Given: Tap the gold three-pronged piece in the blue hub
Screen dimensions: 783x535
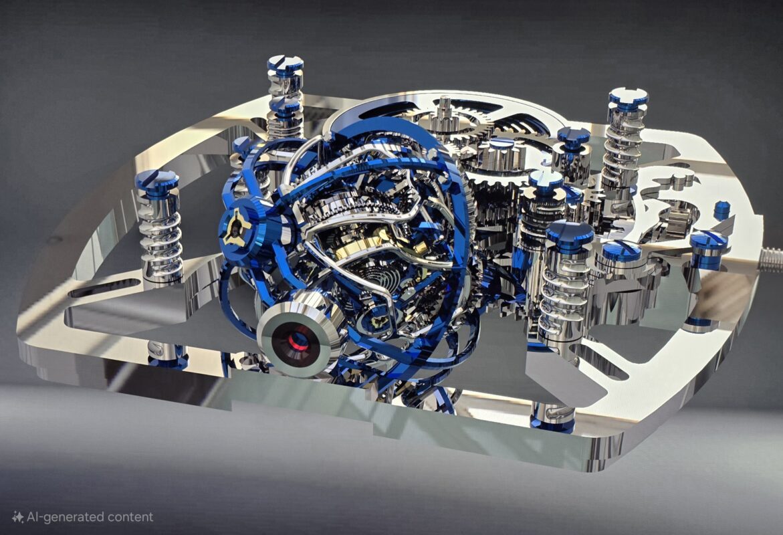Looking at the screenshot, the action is (x=235, y=228).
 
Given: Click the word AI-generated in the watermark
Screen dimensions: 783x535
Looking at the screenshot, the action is (x=64, y=517).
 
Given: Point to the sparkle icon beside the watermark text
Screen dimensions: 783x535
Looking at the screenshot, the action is (x=18, y=517).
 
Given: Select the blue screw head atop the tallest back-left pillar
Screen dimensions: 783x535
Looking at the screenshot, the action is (x=285, y=64).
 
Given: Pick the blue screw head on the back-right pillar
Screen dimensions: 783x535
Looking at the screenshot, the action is (x=628, y=98).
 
